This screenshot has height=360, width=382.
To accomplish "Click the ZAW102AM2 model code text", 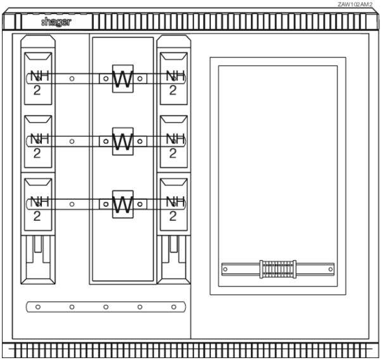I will (x=355, y=4).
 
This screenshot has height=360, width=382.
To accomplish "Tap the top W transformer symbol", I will (x=122, y=79).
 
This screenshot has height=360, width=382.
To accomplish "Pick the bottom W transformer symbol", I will (x=122, y=204).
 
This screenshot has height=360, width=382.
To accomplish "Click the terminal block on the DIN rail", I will (x=277, y=269).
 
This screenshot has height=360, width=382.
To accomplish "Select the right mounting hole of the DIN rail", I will (x=331, y=270).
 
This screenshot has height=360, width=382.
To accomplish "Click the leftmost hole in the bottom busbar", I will (x=38, y=307).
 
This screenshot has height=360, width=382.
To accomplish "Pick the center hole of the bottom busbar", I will (x=106, y=307).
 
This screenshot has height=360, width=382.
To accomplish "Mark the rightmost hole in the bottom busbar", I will (x=174, y=307).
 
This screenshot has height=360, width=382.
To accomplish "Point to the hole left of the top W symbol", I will (x=106, y=79).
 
